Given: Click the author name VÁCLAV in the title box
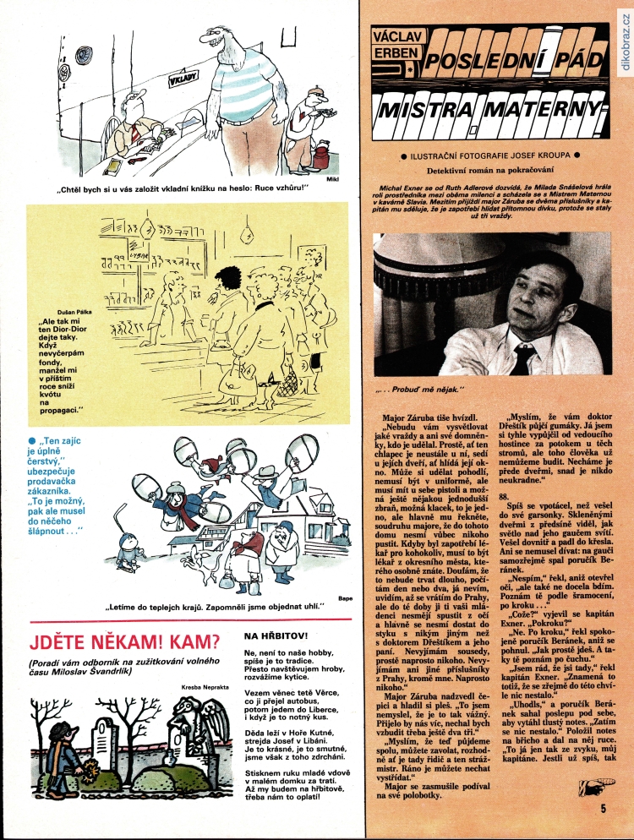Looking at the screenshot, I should tap(399, 37).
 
